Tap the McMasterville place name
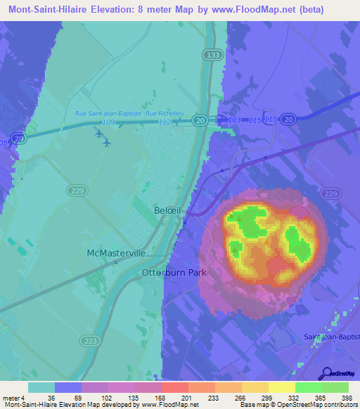116,252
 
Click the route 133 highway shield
212,54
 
